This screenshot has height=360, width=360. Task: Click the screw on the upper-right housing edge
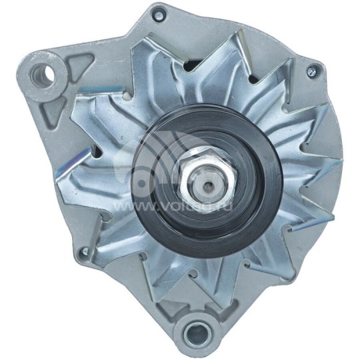point(311,70)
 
